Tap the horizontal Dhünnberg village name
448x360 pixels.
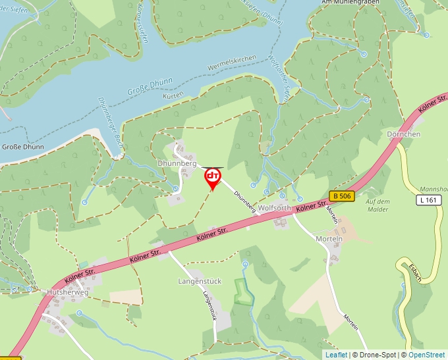[x=177, y=162]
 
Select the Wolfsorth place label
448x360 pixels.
[x=274, y=208]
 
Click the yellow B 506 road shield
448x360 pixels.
[x=342, y=196]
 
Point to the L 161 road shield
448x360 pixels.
[x=428, y=200]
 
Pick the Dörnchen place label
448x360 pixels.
[x=404, y=134]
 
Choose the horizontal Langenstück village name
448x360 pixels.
[x=200, y=281]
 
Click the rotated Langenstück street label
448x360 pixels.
[x=210, y=306]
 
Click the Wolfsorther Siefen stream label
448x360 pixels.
[x=279, y=78]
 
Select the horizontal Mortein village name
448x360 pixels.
[x=329, y=238]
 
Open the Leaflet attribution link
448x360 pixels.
[x=336, y=355]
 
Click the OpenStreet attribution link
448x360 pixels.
[x=426, y=355]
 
